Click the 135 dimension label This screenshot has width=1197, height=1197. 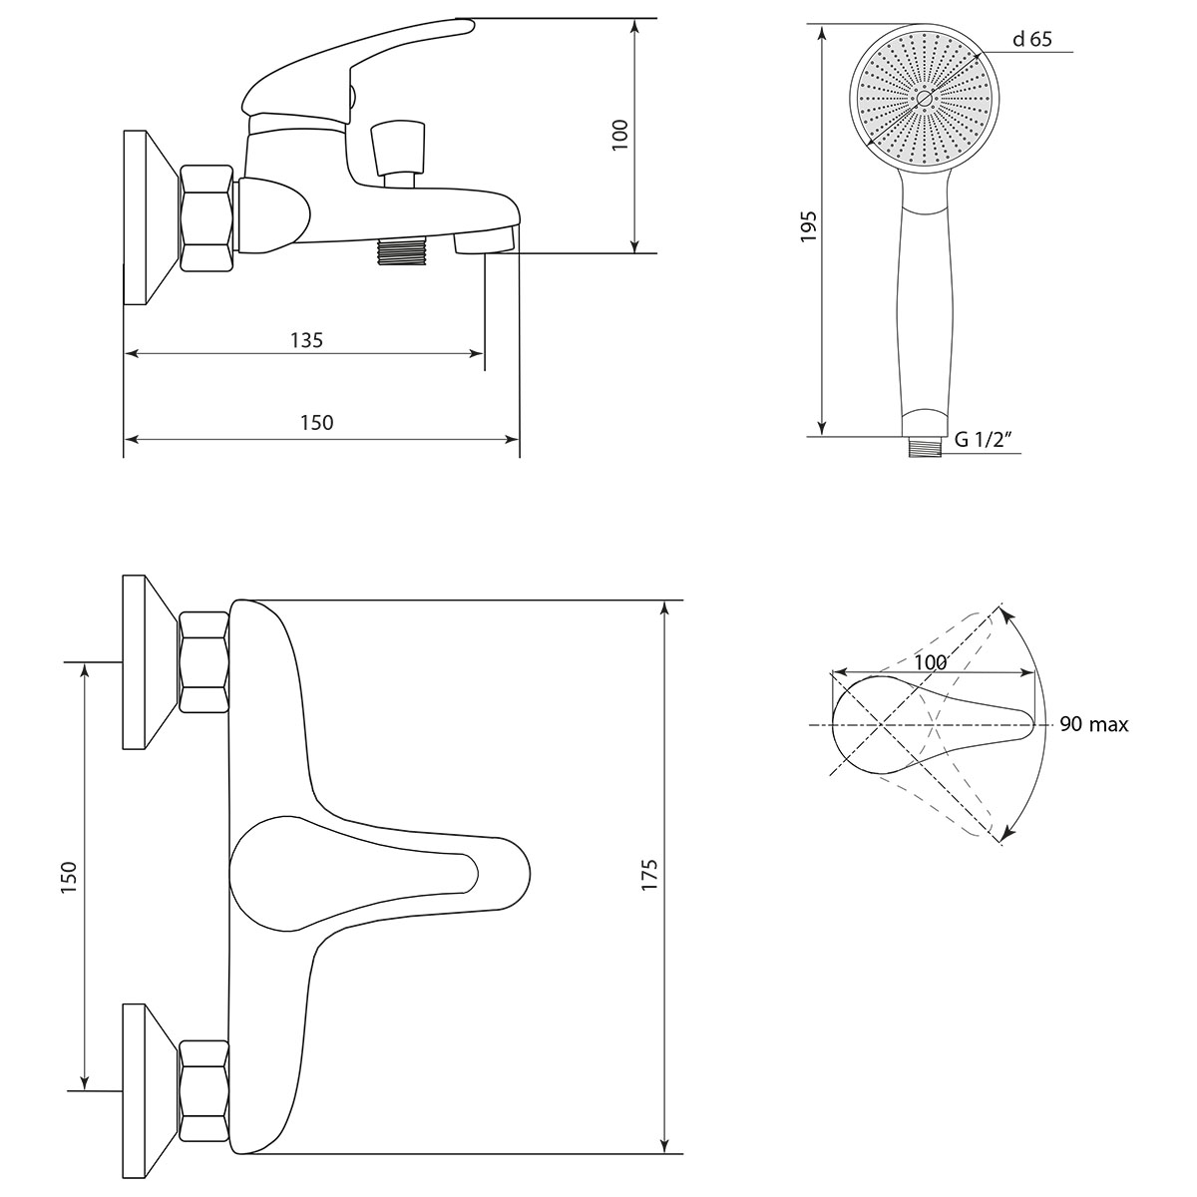click(x=306, y=340)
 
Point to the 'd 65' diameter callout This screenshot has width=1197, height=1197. click(x=1031, y=40)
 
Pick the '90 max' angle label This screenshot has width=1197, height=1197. click(x=1093, y=725)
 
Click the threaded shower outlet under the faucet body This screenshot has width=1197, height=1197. click(x=401, y=250)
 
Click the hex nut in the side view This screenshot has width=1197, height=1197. click(x=206, y=218)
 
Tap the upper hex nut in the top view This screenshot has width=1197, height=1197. click(x=204, y=660)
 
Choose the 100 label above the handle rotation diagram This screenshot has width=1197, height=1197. click(x=930, y=662)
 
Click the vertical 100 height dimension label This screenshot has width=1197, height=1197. click(x=620, y=135)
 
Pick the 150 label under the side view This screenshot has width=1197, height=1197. click(x=316, y=423)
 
